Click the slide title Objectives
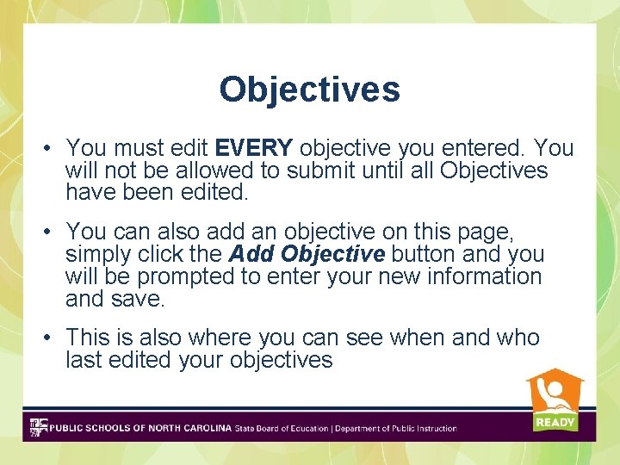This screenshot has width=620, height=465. point(309,89)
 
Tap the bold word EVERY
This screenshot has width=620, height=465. point(254,147)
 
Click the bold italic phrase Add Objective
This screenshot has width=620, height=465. point(306,255)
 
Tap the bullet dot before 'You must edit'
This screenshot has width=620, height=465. point(51,148)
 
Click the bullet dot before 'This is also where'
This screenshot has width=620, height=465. point(51,338)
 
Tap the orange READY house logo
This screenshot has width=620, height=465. point(555,400)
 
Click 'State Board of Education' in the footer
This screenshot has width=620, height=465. point(282,428)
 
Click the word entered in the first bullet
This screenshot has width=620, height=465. point(478,147)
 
